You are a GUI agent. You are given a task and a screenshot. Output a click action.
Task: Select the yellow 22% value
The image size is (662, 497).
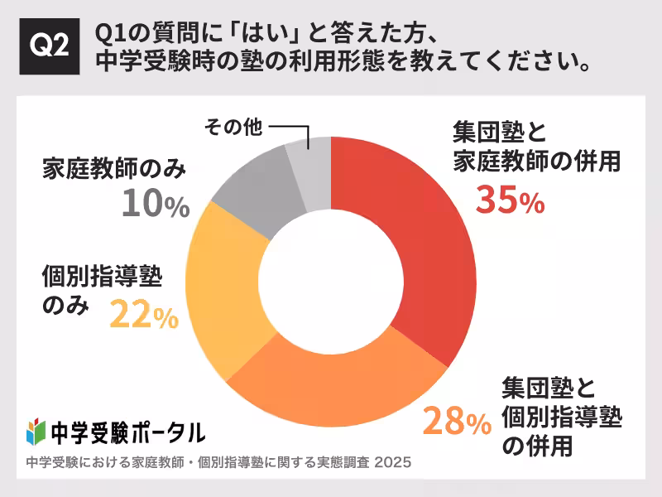click(x=143, y=316)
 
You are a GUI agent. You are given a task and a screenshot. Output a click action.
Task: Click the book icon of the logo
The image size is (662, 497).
click(x=35, y=432)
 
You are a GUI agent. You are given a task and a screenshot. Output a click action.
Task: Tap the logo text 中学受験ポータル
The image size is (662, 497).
click(x=128, y=432)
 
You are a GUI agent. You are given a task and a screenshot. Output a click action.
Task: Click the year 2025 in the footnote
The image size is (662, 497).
click(x=393, y=462)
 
